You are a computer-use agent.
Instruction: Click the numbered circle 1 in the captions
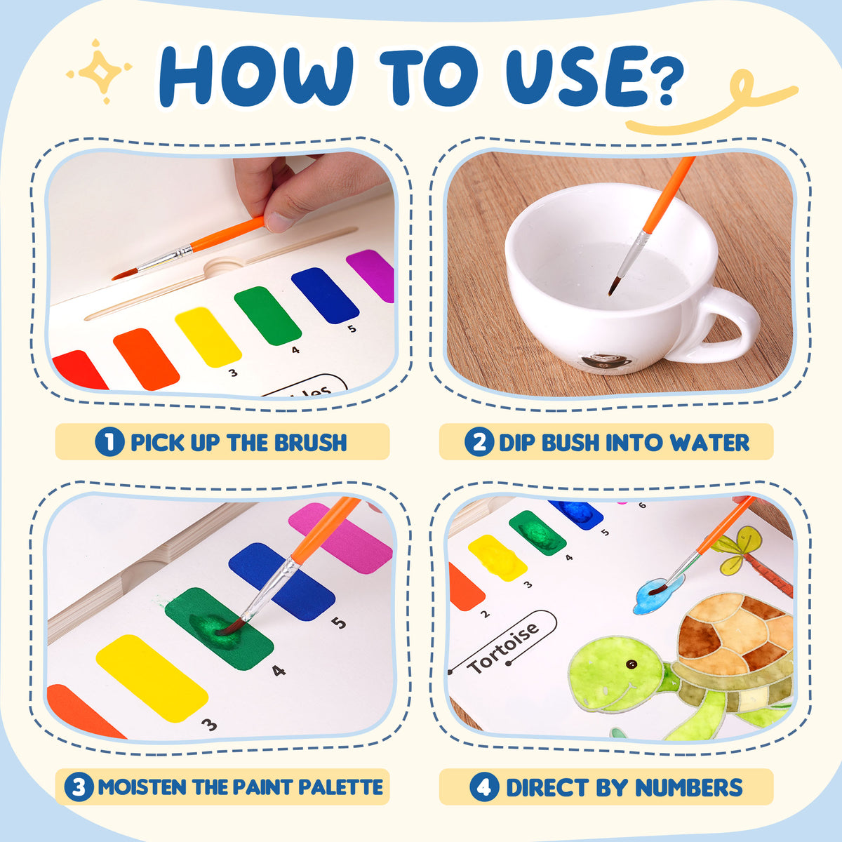[x=109, y=442]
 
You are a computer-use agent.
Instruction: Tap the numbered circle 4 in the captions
[x=485, y=787]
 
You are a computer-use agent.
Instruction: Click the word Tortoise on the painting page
[x=503, y=648]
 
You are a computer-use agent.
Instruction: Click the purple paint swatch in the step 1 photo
[x=371, y=274]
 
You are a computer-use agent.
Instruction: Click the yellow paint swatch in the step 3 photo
[x=152, y=678]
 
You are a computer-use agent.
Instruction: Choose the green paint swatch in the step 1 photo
[x=267, y=316]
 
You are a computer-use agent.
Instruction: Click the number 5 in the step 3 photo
[x=339, y=622]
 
